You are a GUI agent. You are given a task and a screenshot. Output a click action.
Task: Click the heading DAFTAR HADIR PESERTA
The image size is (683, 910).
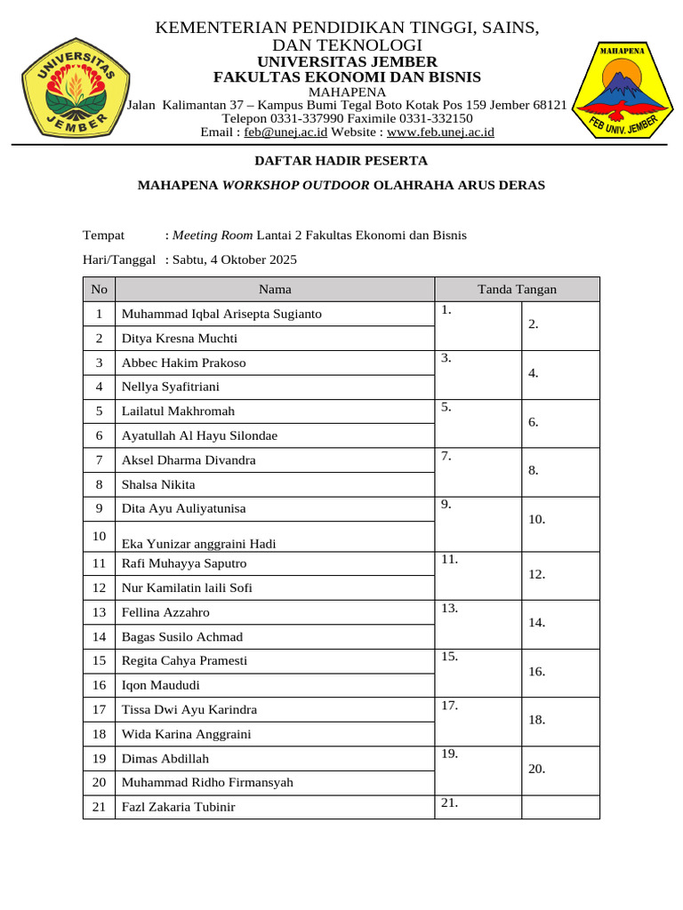click(x=341, y=161)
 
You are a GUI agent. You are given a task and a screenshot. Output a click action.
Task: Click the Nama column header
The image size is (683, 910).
click(x=275, y=289)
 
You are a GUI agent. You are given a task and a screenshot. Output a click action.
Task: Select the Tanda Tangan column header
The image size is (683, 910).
click(x=517, y=289)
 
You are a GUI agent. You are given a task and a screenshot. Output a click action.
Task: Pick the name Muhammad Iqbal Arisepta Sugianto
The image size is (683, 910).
click(x=221, y=314)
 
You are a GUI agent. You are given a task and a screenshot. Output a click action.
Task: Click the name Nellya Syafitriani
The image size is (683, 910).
click(x=170, y=387)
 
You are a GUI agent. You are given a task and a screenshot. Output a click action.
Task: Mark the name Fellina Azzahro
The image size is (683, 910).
click(x=165, y=612)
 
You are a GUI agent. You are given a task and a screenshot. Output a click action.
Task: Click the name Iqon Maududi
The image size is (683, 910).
click(x=160, y=685)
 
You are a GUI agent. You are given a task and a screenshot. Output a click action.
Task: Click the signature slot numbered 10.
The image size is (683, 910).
click(x=560, y=520)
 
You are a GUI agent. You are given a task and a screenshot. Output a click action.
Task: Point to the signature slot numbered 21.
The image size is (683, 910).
click(x=478, y=806)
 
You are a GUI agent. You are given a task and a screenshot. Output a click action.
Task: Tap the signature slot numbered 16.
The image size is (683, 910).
click(x=560, y=673)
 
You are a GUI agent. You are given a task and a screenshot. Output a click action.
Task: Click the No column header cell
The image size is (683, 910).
click(x=99, y=289)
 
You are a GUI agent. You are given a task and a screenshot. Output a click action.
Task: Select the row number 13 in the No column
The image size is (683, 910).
click(x=99, y=612)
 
